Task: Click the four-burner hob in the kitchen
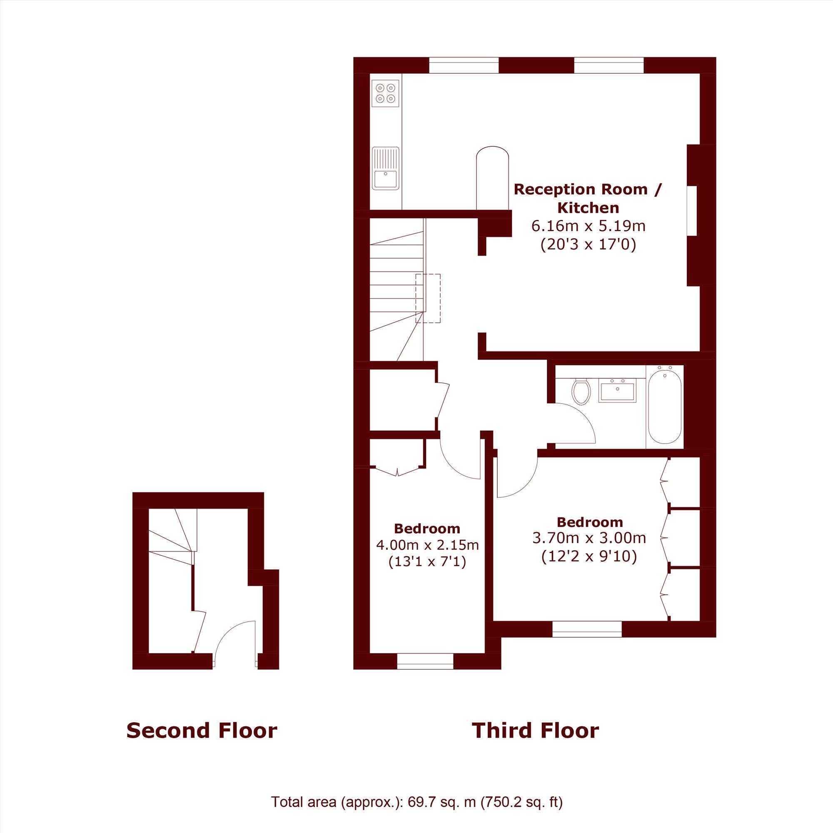(x=385, y=93)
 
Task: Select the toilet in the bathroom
(x=581, y=391)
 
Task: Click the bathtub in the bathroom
(x=665, y=407)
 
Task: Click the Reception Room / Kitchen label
(x=587, y=198)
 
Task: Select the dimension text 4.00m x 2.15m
(x=427, y=544)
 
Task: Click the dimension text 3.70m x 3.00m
(x=589, y=538)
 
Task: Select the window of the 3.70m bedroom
(x=587, y=629)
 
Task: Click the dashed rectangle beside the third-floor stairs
(x=428, y=298)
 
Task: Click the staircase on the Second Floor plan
(x=170, y=532)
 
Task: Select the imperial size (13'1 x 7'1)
(x=427, y=562)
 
